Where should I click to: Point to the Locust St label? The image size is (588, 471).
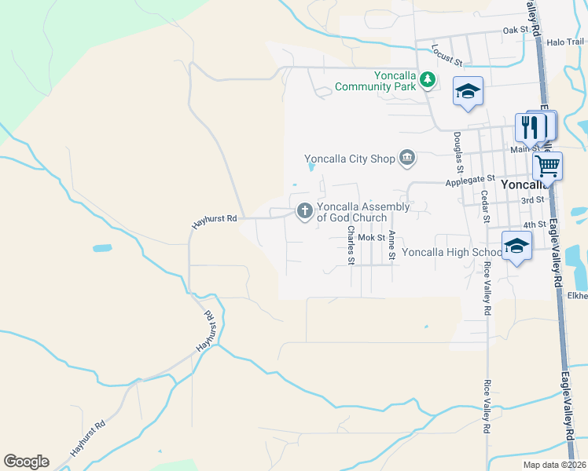point(447,55)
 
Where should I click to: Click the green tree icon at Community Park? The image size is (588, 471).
point(427,79)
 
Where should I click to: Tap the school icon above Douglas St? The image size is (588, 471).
point(468,91)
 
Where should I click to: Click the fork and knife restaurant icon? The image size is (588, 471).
point(531,126)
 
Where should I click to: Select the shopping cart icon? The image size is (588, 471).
point(547,166)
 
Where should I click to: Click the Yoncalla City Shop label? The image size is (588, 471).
point(349,159)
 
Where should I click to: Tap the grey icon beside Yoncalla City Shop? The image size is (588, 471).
point(407,159)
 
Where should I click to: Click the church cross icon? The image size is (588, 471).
point(304,210)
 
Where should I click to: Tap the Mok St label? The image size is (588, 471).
point(370,236)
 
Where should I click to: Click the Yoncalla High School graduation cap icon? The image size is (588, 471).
point(516,245)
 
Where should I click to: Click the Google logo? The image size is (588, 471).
point(26,462)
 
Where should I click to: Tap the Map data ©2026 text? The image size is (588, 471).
point(553,465)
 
